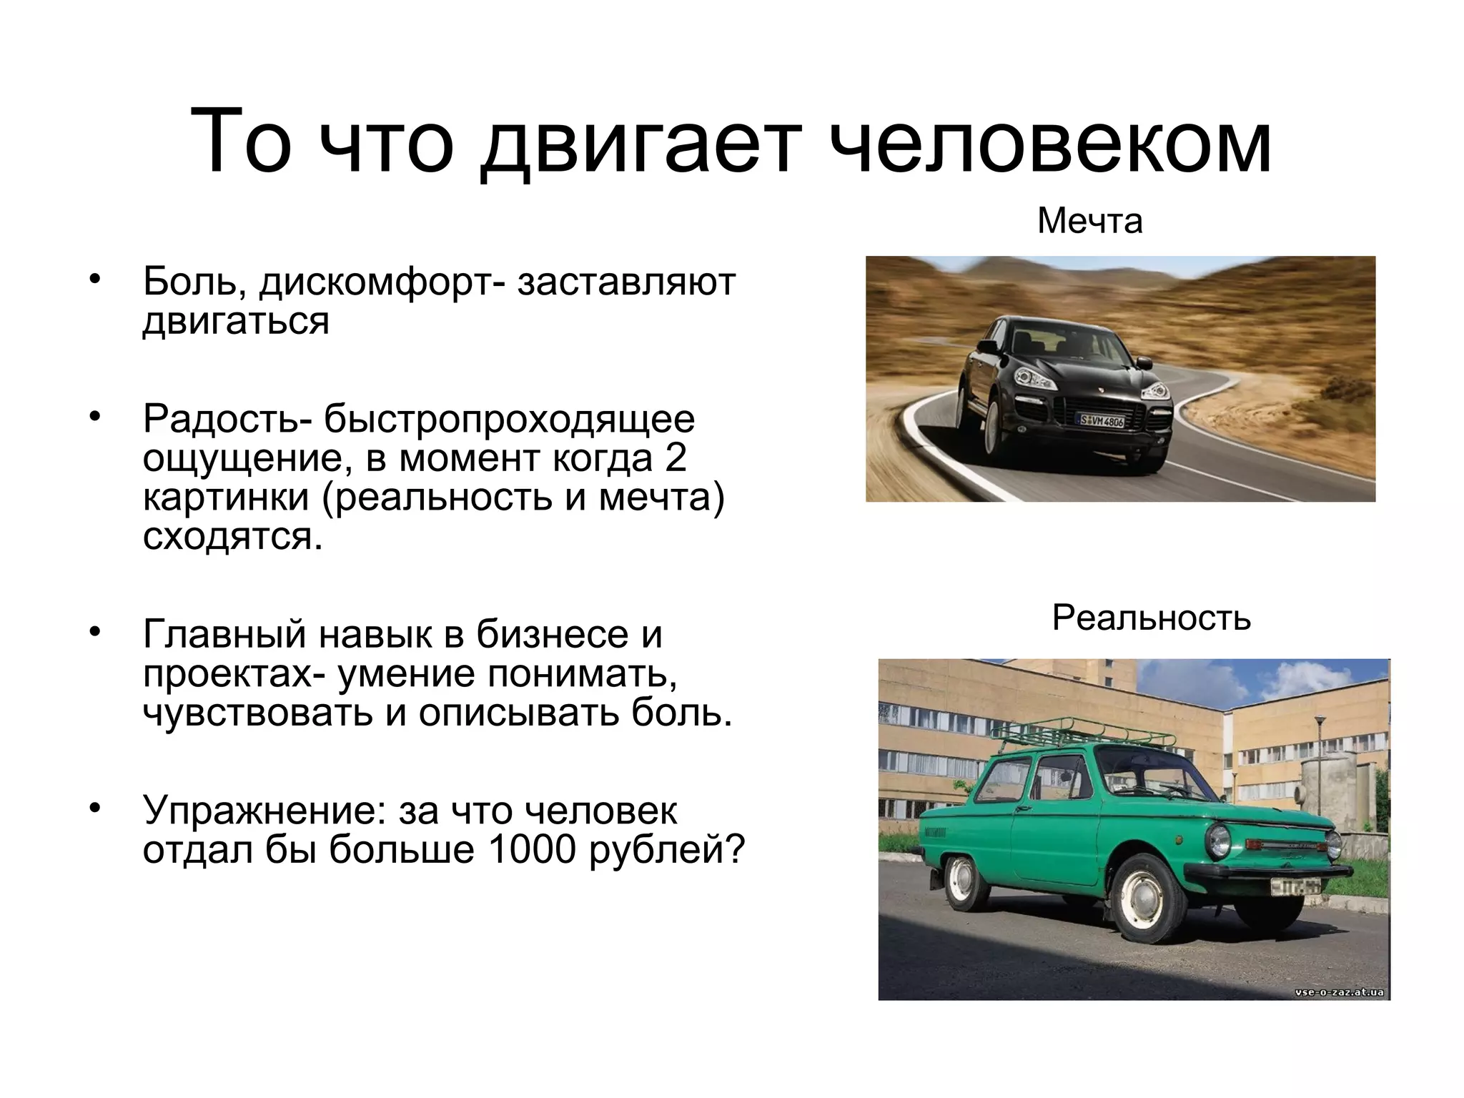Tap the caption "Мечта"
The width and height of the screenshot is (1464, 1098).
[x=1089, y=221]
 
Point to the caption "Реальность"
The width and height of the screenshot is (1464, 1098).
[x=1151, y=618]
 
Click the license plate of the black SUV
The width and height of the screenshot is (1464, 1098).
[x=1102, y=420]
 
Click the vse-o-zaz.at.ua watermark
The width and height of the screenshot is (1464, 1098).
[x=1338, y=991]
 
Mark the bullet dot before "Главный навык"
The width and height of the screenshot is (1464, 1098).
[x=94, y=632]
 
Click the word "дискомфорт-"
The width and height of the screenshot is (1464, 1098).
[x=382, y=282]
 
